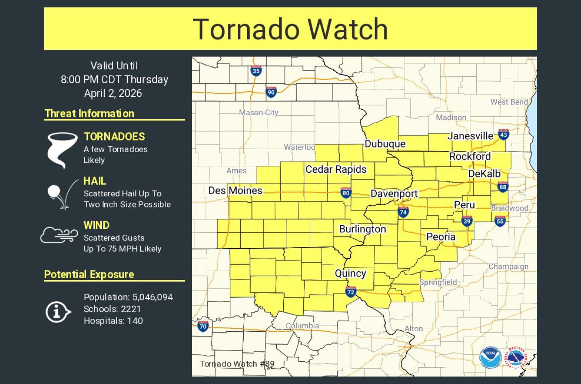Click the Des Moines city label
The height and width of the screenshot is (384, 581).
pos(235,190)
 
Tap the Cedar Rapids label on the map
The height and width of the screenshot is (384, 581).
pos(336,169)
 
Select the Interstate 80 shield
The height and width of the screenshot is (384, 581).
pos(346,193)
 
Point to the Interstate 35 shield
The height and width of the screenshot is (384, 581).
pos(256,71)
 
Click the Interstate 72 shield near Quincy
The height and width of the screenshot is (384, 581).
pos(351,292)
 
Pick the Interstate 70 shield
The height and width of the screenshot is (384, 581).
pos(203,327)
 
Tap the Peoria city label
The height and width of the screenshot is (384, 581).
pos(441,237)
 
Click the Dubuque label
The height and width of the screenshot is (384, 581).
pos(385,144)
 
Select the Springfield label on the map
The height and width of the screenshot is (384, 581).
pos(438,282)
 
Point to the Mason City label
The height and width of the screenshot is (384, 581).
pos(258,112)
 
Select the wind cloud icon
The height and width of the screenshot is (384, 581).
pos(59,235)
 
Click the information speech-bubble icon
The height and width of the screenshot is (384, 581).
pos(58,312)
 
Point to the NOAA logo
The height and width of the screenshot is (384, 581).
pos(491,357)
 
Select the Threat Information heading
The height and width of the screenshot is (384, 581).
pos(89,114)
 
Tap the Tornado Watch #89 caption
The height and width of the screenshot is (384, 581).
pos(237,364)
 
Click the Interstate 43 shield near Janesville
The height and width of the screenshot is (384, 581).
pos(504,135)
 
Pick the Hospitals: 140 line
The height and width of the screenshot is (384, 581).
pos(113,321)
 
